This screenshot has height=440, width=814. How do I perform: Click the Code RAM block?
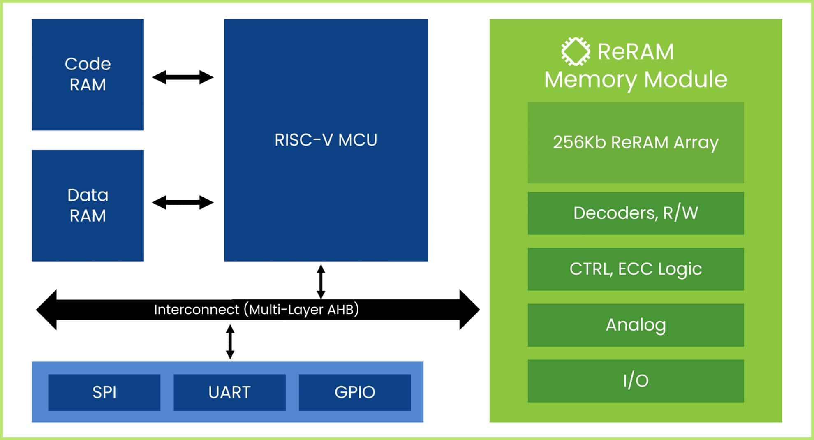click(x=88, y=74)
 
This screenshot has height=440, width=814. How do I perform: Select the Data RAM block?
click(x=88, y=205)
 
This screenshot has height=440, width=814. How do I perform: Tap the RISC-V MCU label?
click(x=326, y=140)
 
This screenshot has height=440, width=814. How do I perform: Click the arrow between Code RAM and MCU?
click(x=183, y=77)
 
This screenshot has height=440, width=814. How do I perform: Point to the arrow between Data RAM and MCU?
click(x=183, y=202)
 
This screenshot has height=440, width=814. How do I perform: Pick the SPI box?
click(x=104, y=392)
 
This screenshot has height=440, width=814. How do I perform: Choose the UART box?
click(x=229, y=392)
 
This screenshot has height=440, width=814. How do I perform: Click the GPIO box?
click(x=354, y=392)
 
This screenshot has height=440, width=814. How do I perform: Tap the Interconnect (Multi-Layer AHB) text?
click(x=256, y=309)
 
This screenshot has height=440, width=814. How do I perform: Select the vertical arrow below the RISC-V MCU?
click(x=321, y=282)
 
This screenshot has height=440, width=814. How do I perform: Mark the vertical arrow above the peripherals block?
click(x=230, y=342)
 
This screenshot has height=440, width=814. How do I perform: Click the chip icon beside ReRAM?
click(x=576, y=51)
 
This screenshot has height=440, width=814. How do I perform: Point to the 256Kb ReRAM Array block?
click(x=636, y=142)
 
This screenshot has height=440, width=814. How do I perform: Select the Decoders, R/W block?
click(x=636, y=213)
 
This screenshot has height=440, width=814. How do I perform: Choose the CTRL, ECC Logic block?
click(x=636, y=269)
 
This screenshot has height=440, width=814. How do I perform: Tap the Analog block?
click(x=636, y=325)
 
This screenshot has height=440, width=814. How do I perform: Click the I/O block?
click(x=636, y=381)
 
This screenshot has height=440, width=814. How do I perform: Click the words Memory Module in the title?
click(x=636, y=79)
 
